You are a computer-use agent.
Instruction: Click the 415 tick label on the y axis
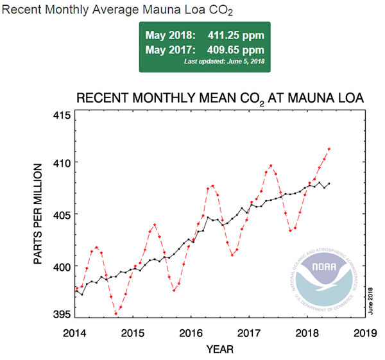point(62,116)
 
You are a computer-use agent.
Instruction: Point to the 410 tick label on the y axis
point(62,162)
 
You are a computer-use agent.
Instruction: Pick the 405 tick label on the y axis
point(62,214)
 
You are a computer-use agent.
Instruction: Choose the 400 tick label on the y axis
point(62,266)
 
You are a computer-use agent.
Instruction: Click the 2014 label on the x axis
point(75,334)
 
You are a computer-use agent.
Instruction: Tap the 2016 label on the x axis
point(191,334)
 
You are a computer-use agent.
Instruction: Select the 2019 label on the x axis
point(364,334)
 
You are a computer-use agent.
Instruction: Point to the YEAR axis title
point(219,350)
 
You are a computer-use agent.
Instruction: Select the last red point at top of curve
point(329,149)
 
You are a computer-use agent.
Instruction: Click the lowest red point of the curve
point(116,314)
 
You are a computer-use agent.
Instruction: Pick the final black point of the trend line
point(329,184)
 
